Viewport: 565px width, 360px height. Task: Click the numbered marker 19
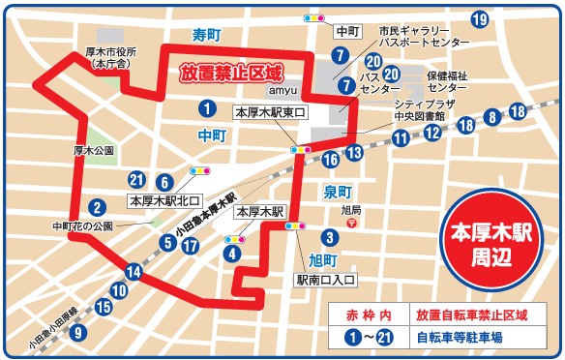point(478,20)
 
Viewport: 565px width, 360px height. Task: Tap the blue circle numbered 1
point(206,107)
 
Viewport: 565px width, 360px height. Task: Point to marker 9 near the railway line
point(78,331)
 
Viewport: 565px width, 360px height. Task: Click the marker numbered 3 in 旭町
point(329,237)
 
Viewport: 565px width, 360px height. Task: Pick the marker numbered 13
point(355,152)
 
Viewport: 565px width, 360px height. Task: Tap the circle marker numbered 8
point(492,118)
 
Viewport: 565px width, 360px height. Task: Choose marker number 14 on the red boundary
point(134,272)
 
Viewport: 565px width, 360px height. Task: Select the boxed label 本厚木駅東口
point(270,113)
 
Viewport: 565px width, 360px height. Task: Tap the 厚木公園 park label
point(93,152)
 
